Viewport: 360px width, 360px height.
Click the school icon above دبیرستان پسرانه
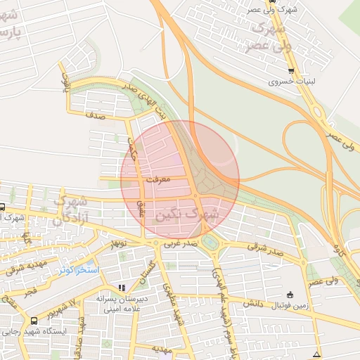point(122,288)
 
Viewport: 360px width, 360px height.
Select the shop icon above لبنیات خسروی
point(291,72)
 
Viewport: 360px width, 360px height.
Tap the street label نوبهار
point(117,243)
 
